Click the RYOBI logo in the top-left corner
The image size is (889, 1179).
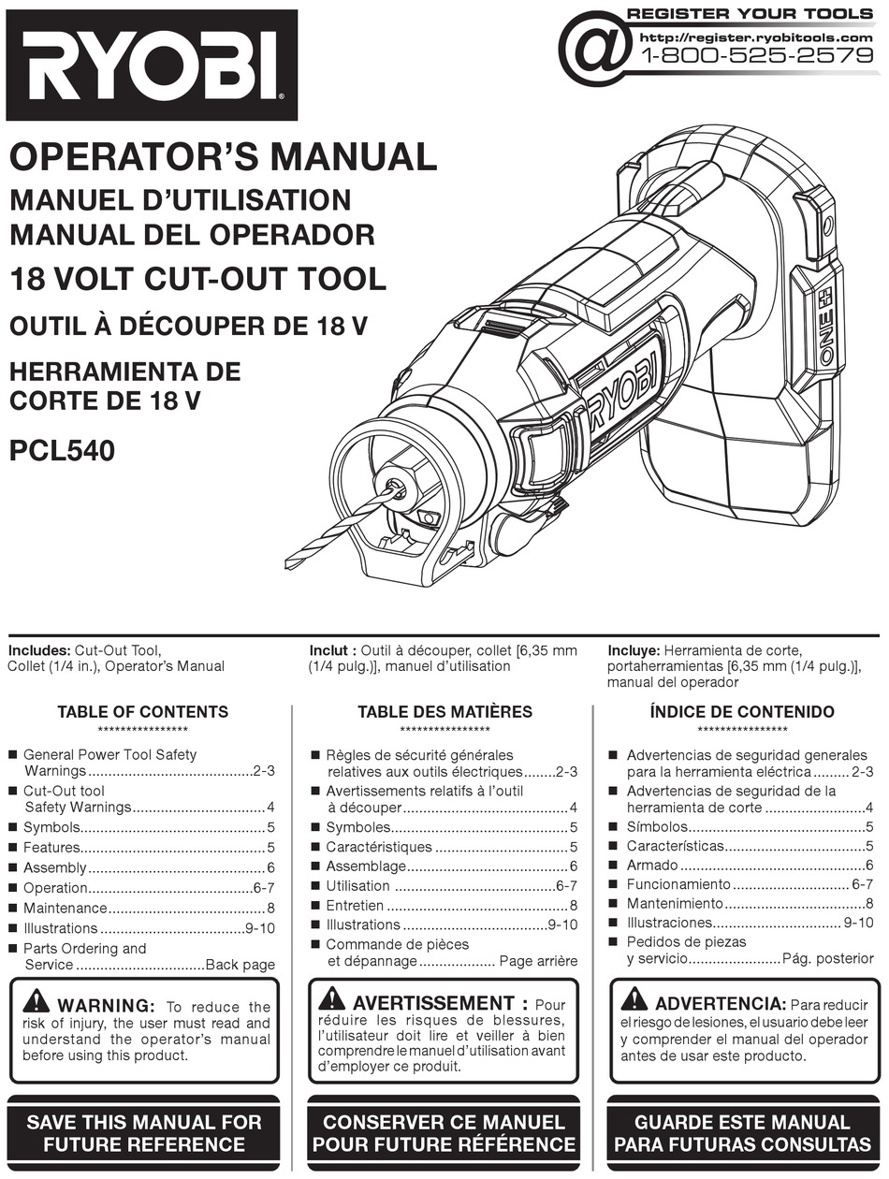pos(152,65)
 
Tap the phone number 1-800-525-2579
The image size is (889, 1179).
pos(756,55)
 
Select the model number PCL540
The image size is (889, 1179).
pos(62,451)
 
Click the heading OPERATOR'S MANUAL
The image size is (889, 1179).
pos(223,156)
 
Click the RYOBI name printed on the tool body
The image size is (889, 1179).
pos(622,389)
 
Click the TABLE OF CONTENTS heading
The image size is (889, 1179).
pos(142,712)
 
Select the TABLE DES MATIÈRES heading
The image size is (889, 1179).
pos(444,712)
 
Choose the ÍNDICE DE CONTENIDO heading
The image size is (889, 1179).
pos(742,712)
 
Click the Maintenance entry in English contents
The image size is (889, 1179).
pos(65,908)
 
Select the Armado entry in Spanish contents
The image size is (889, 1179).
pos(651,866)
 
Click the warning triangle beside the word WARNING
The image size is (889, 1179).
pos(36,1001)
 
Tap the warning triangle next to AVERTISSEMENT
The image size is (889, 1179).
pos(332,998)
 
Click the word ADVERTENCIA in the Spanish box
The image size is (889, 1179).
pos(720,1004)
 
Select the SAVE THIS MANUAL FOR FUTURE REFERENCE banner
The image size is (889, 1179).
pos(144,1132)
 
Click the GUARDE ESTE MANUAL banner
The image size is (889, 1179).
pos(742,1132)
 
